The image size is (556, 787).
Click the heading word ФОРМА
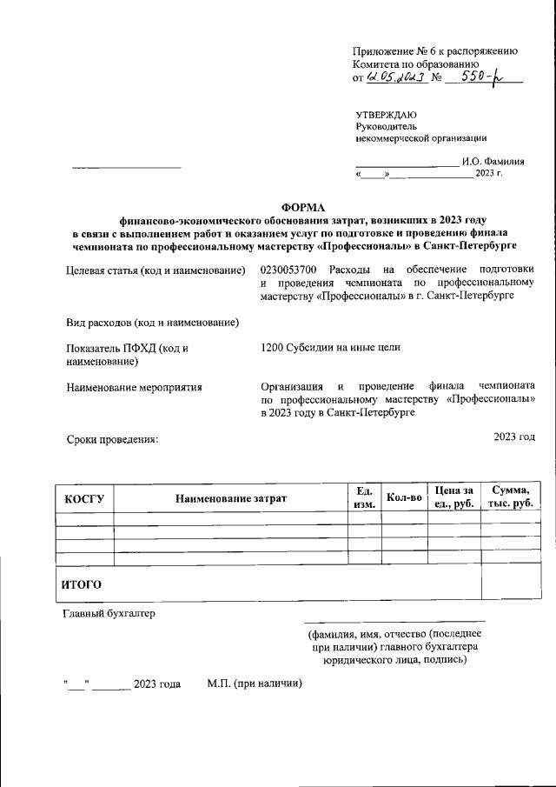302,207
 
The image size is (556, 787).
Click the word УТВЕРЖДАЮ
386,115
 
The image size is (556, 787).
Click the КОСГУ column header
84,498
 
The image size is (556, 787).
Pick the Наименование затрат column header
230,498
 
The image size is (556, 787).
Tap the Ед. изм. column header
364,498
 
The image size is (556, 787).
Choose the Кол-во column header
404,498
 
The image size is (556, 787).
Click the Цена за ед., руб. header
453,498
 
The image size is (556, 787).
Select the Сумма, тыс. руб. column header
510,498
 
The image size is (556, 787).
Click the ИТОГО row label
81,584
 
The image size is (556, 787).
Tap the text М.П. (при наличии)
254,684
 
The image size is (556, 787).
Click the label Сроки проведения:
113,440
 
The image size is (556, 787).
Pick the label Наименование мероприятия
134,387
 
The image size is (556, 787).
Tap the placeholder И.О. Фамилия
493,161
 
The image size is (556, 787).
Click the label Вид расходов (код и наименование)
153,323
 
